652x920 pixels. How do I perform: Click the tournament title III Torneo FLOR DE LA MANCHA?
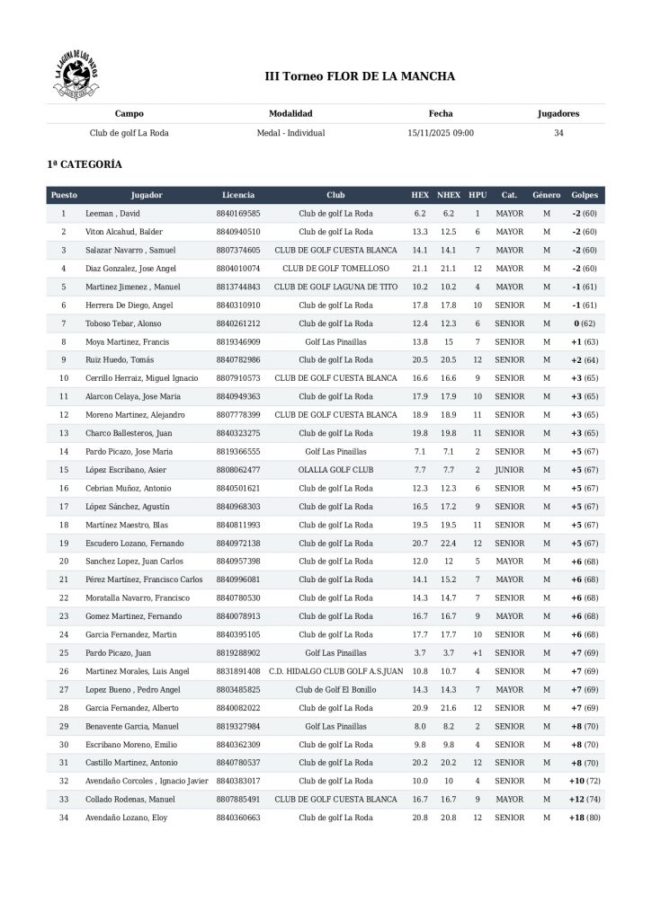360,76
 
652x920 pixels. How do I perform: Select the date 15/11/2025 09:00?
441,133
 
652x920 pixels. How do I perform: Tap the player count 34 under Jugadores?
558,133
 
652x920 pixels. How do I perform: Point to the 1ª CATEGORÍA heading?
85,165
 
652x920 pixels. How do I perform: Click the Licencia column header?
238,195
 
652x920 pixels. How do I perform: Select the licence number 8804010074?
238,269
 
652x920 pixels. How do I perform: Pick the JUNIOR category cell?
509,470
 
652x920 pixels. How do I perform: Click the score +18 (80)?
584,818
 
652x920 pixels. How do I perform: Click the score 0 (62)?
584,323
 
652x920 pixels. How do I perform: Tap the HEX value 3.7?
420,653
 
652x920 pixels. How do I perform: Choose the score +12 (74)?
584,800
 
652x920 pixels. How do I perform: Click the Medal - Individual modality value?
290,133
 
